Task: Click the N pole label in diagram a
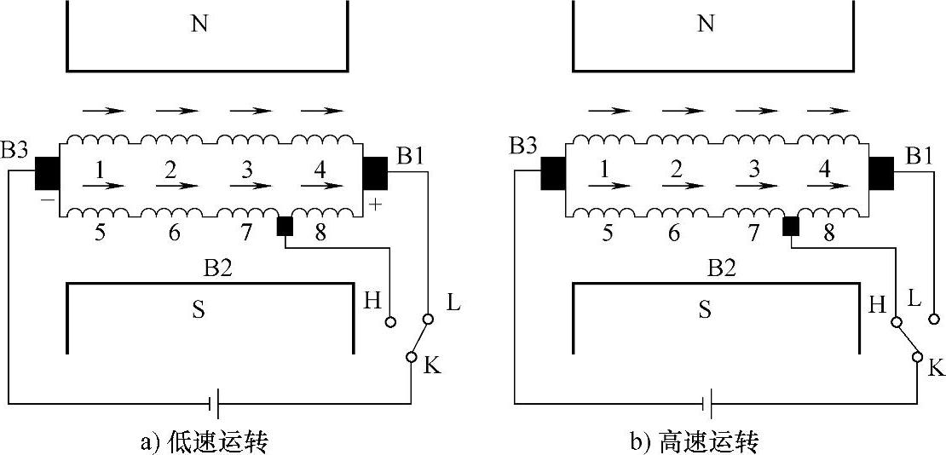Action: pyautogui.click(x=199, y=24)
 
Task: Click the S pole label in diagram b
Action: pyautogui.click(x=705, y=308)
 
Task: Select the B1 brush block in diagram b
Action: pyautogui.click(x=881, y=174)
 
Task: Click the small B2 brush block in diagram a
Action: pyautogui.click(x=285, y=226)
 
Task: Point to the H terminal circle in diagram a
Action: pyautogui.click(x=391, y=322)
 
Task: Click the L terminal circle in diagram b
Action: pyautogui.click(x=934, y=319)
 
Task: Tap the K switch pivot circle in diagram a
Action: pyautogui.click(x=411, y=357)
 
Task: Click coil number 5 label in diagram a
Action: pyautogui.click(x=100, y=233)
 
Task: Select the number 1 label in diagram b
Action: pyautogui.click(x=604, y=169)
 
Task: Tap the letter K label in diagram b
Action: pyautogui.click(x=936, y=368)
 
